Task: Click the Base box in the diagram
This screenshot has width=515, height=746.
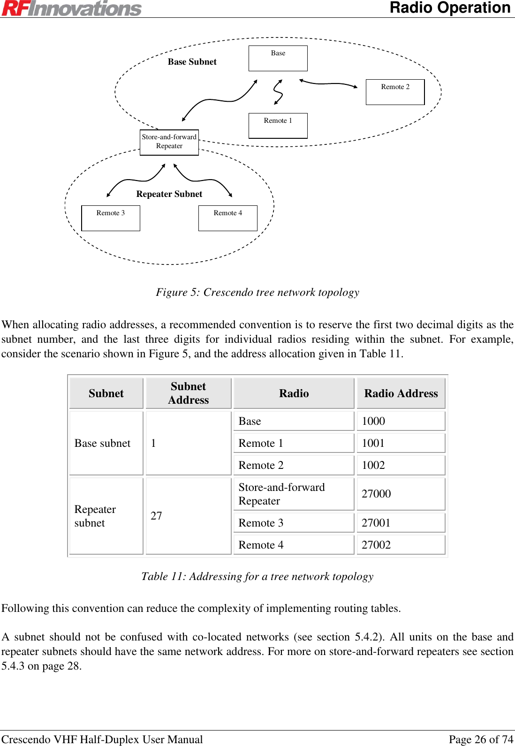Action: tap(278, 58)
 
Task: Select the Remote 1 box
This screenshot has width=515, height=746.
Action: tap(278, 126)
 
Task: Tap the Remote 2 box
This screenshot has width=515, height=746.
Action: tap(395, 92)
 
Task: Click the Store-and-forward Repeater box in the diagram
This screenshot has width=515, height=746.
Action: tap(169, 142)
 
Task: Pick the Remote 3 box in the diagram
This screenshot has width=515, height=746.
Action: tap(111, 218)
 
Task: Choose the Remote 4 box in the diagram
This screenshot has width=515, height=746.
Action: tap(228, 218)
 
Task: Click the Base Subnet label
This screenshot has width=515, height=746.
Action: tap(192, 62)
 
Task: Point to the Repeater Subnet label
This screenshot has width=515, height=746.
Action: tap(169, 194)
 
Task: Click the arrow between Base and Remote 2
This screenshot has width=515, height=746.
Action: tap(328, 83)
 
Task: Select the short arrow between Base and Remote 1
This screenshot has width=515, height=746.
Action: tap(278, 92)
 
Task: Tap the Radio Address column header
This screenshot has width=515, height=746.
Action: tap(401, 393)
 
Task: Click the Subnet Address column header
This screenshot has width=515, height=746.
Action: tap(189, 393)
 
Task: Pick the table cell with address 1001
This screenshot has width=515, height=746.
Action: tap(401, 443)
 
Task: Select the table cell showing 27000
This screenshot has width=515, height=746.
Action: tap(401, 494)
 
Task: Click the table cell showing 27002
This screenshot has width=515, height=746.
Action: tap(401, 545)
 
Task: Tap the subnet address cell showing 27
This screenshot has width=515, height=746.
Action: tap(189, 516)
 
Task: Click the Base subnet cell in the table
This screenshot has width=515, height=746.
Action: tap(106, 443)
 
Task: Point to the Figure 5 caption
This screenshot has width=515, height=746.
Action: tap(257, 293)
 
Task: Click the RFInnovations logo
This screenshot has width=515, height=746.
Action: tap(71, 8)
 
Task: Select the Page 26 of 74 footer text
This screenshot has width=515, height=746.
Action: tap(481, 739)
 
